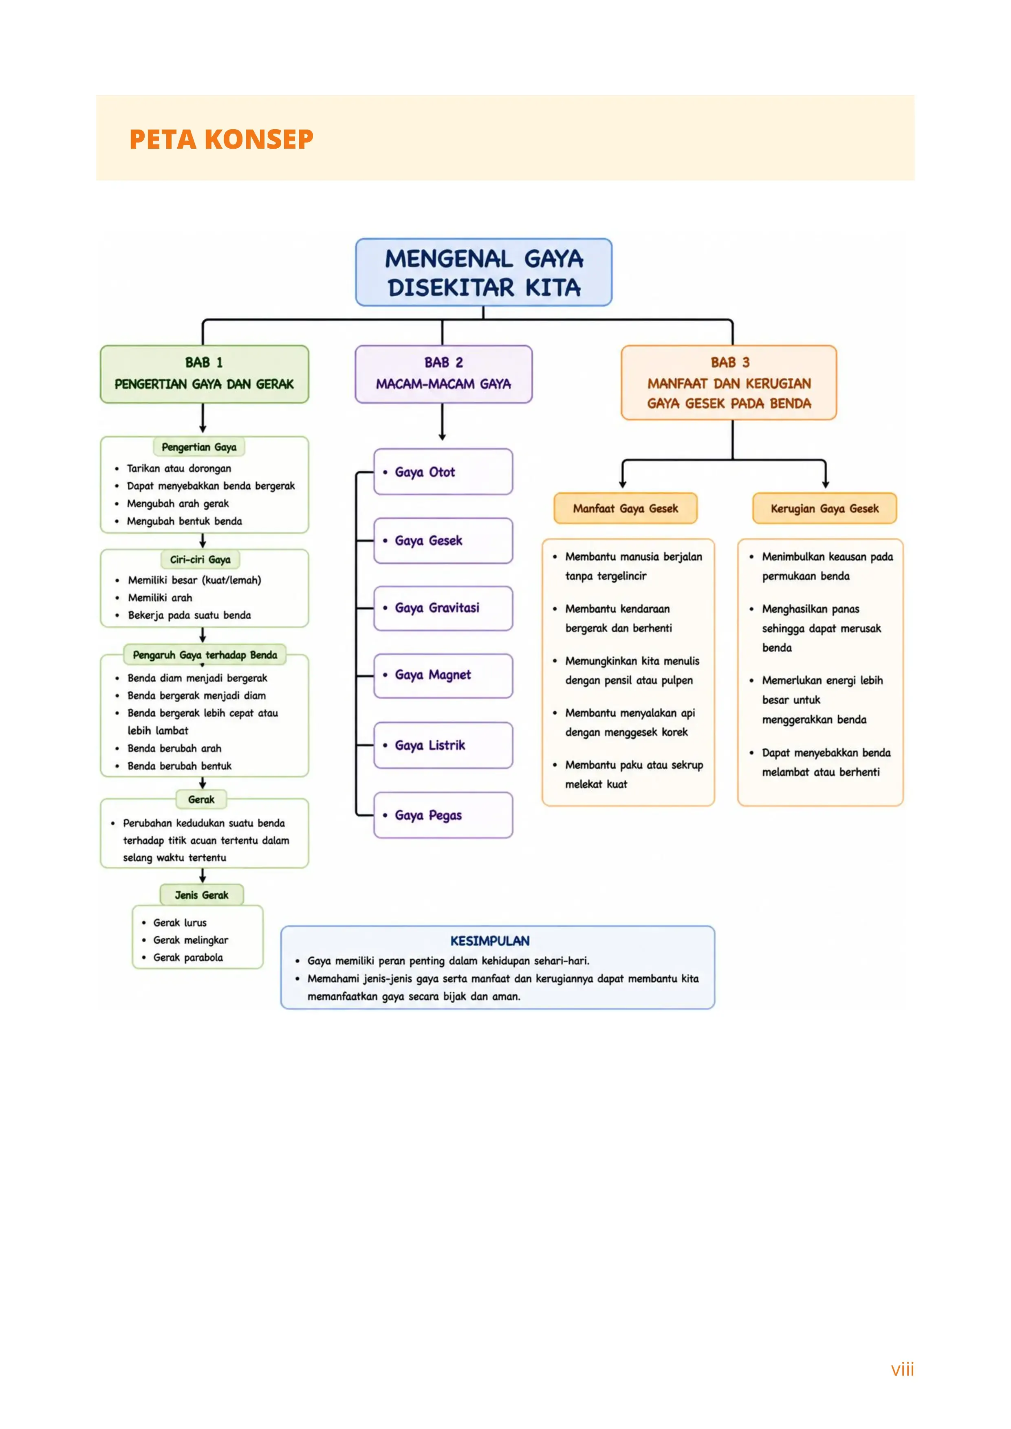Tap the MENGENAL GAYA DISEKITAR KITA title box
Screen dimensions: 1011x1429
pyautogui.click(x=484, y=272)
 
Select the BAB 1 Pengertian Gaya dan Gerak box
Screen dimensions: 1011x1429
pyautogui.click(x=204, y=374)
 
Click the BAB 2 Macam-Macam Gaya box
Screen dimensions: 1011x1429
pyautogui.click(x=443, y=374)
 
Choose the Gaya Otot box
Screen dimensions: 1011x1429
pyautogui.click(x=443, y=472)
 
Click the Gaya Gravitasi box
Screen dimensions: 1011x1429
pyautogui.click(x=443, y=608)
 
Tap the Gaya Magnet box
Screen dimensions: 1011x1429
pyautogui.click(x=443, y=675)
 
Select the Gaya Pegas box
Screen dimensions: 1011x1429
pyautogui.click(x=443, y=816)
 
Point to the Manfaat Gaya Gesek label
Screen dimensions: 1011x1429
pyautogui.click(x=626, y=508)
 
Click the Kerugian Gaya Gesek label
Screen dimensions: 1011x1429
pyautogui.click(x=825, y=508)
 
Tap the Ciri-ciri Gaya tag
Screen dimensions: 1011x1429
pyautogui.click(x=200, y=560)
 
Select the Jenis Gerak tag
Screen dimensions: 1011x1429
pyautogui.click(x=202, y=895)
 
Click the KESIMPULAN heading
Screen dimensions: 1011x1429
pyautogui.click(x=490, y=941)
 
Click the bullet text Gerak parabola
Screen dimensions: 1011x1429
pyautogui.click(x=188, y=957)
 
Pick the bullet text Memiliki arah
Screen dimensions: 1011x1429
pyautogui.click(x=160, y=598)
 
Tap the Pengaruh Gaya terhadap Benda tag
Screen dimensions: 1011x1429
pyautogui.click(x=205, y=655)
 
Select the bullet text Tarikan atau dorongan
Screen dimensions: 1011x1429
pyautogui.click(x=179, y=468)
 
